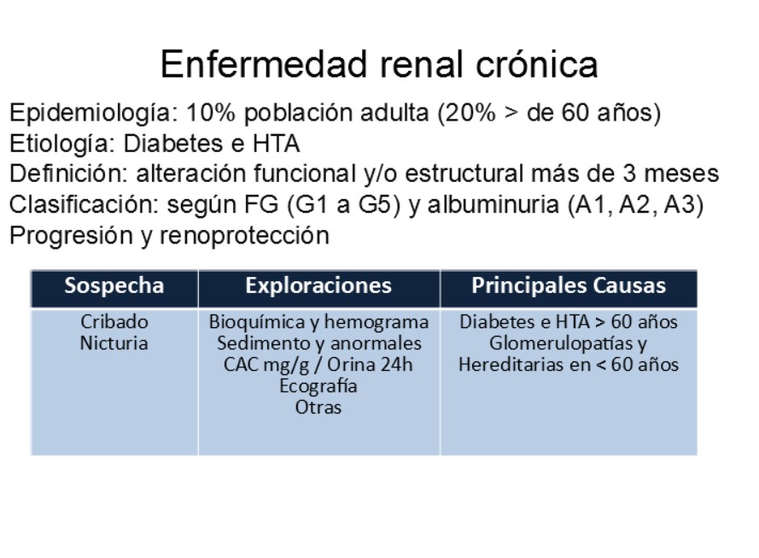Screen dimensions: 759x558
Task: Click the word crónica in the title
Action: [537, 65]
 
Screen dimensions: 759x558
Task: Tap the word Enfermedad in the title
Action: [264, 64]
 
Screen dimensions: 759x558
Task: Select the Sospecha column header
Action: [114, 285]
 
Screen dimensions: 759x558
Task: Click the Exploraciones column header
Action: [318, 285]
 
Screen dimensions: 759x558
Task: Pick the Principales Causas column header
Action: [569, 285]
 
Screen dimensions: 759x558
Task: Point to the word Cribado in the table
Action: [114, 321]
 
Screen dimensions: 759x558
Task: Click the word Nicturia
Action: [114, 343]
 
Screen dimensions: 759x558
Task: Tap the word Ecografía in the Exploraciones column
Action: [318, 386]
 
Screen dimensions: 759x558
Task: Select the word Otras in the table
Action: [318, 408]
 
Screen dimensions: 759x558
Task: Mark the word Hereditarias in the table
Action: [511, 364]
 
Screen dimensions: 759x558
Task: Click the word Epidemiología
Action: [90, 114]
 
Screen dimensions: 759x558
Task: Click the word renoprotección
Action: [244, 236]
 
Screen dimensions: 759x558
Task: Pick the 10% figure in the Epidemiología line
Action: [211, 113]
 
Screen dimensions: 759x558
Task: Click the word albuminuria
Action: [493, 204]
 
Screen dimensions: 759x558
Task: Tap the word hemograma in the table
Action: [377, 322]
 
